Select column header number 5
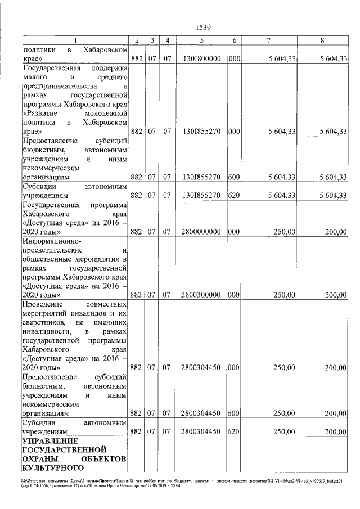[201, 40]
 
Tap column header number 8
[322, 40]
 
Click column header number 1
[75, 40]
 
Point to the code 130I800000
[201, 58]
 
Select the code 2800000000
[201, 231]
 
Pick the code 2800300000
[201, 294]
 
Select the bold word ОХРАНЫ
[40, 458]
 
